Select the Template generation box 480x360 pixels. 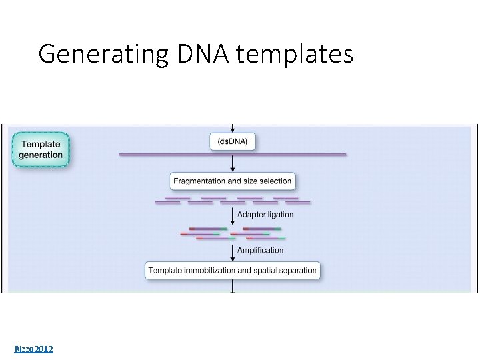click(x=41, y=149)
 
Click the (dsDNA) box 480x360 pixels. click(x=232, y=142)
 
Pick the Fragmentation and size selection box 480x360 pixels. click(x=232, y=181)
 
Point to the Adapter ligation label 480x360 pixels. click(x=265, y=215)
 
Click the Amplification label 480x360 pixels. click(x=260, y=251)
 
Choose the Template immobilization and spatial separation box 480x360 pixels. click(x=232, y=271)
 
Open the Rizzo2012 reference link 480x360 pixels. click(x=34, y=349)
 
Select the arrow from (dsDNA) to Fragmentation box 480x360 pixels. click(x=232, y=164)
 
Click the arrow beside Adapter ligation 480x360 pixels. click(x=232, y=215)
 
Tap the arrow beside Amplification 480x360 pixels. click(x=232, y=251)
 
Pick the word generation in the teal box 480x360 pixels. click(x=41, y=155)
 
